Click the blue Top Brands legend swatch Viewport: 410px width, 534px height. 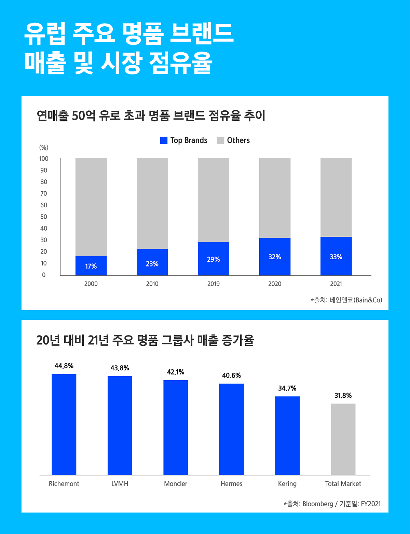(164, 140)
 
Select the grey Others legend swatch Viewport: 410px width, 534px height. (220, 140)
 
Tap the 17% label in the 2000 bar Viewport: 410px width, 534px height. (91, 266)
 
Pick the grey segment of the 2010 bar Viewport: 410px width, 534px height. (152, 203)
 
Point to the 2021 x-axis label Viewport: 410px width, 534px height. (336, 284)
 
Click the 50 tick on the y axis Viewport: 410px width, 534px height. (44, 217)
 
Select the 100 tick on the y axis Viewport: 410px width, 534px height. (44, 159)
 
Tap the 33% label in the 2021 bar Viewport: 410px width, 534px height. (336, 257)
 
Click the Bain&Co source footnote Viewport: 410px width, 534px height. (346, 300)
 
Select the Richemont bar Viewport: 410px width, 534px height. (64, 424)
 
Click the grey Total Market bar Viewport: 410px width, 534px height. (343, 439)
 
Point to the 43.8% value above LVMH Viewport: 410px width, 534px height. (120, 368)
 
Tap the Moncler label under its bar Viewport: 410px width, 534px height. (176, 484)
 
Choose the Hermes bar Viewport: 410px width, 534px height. (231, 429)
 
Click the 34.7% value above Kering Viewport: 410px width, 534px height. (287, 388)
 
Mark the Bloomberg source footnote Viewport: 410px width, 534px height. (332, 504)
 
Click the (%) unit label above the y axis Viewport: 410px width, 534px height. (44, 148)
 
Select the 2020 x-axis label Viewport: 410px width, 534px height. (275, 284)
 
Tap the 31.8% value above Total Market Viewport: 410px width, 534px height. (343, 396)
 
